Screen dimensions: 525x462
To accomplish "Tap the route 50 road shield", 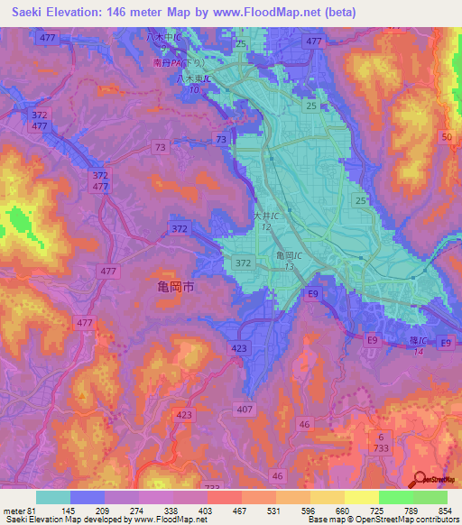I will (x=446, y=136).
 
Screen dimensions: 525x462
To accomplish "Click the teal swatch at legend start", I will (x=53, y=497).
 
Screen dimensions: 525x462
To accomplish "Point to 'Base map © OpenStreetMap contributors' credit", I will (x=382, y=520).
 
